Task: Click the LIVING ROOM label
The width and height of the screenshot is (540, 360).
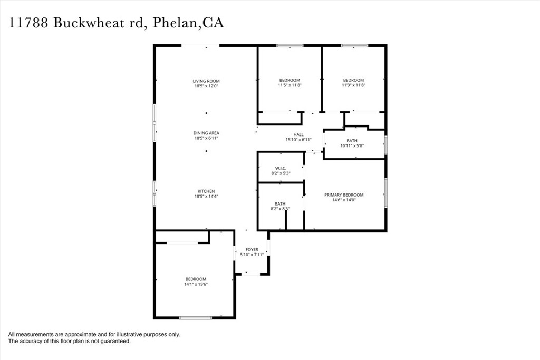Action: pyautogui.click(x=206, y=81)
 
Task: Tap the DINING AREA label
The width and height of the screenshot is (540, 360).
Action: pyautogui.click(x=206, y=133)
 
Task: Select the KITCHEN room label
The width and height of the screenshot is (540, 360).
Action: pyautogui.click(x=206, y=191)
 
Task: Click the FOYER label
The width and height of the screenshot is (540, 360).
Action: pyautogui.click(x=252, y=249)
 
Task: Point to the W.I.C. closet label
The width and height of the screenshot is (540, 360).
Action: pyautogui.click(x=280, y=168)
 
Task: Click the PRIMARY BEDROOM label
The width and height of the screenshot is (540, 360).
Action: pyautogui.click(x=343, y=195)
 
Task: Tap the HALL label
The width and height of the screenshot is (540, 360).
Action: pyautogui.click(x=298, y=134)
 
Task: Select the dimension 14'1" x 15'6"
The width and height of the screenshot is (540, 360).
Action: pyautogui.click(x=196, y=285)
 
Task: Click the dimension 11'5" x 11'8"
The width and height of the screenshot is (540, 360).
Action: pyautogui.click(x=290, y=85)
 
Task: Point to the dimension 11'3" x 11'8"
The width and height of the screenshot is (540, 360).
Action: pyautogui.click(x=353, y=85)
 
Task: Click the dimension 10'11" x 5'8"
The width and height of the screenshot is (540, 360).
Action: pyautogui.click(x=352, y=146)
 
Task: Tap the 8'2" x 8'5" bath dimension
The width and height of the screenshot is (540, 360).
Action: pyautogui.click(x=280, y=209)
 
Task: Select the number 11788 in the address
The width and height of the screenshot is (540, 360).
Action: pyautogui.click(x=29, y=23)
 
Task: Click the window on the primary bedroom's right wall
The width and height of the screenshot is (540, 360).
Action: pyautogui.click(x=386, y=194)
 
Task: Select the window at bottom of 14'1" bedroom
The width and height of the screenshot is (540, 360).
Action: pyautogui.click(x=196, y=317)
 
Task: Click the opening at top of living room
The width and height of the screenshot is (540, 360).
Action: pyautogui.click(x=200, y=46)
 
